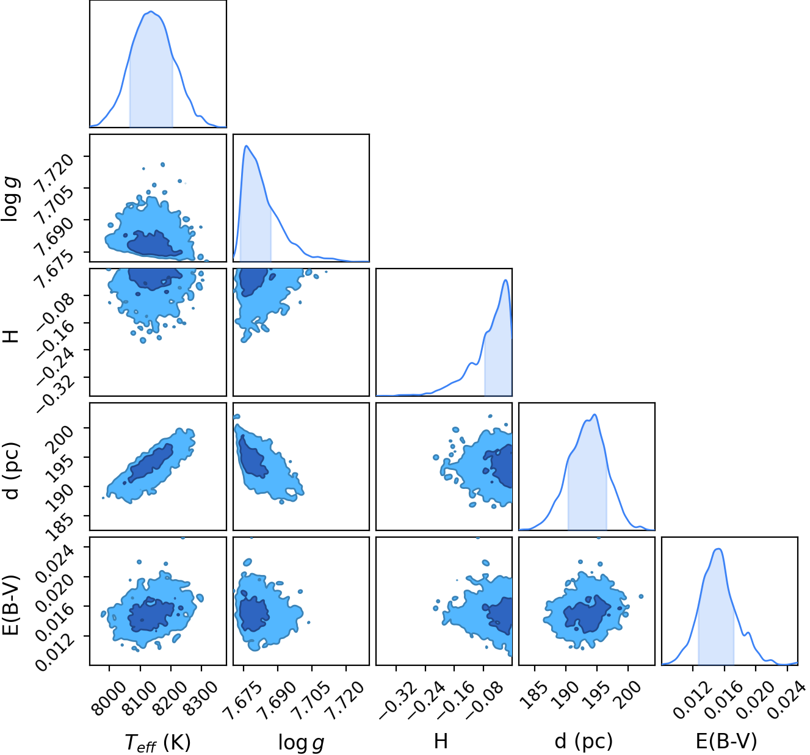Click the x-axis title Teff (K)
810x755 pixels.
tap(157, 742)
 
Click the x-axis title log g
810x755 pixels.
tap(301, 742)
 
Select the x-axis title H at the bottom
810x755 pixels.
tap(441, 740)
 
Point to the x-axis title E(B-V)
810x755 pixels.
tap(726, 741)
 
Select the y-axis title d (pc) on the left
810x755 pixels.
tap(12, 471)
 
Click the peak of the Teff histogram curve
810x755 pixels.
tap(151, 12)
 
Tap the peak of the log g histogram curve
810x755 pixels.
tap(247, 146)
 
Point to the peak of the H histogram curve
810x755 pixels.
tap(505, 280)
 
